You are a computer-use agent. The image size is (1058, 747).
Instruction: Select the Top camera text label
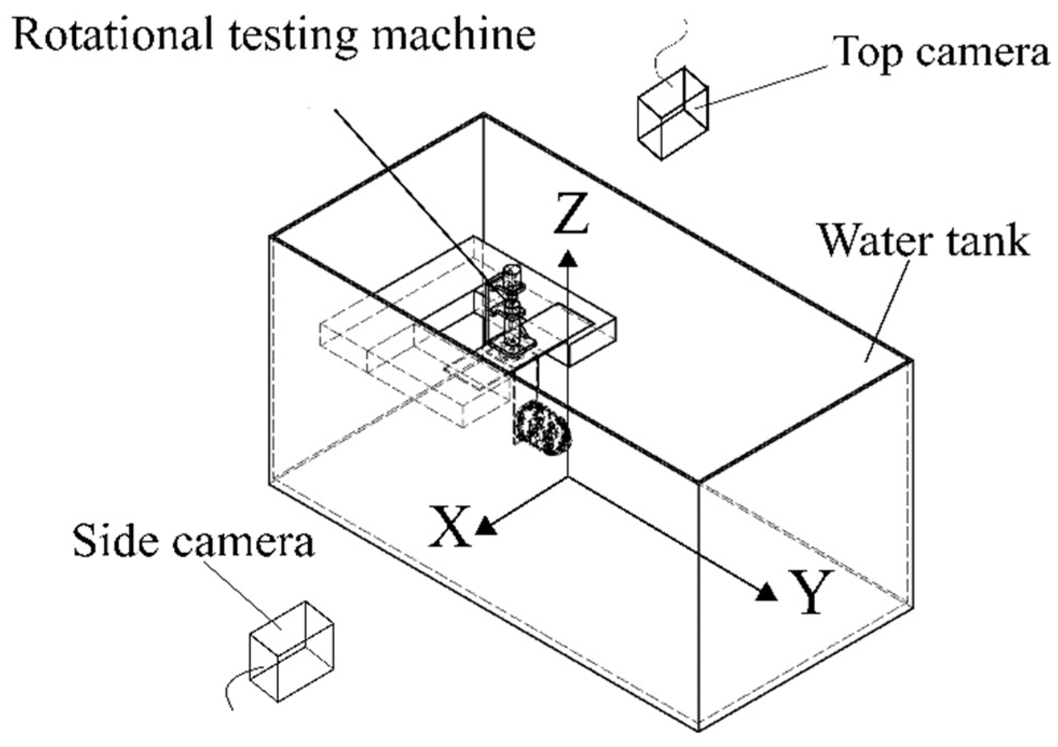[x=940, y=53]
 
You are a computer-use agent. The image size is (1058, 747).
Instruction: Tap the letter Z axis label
[x=571, y=214]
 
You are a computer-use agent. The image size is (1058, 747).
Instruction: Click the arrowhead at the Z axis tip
[x=567, y=259]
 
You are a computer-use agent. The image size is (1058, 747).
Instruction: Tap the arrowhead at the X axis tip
[x=486, y=525]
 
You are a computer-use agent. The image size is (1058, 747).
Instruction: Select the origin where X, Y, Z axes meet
[x=567, y=477]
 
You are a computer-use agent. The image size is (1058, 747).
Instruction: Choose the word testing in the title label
[x=292, y=37]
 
